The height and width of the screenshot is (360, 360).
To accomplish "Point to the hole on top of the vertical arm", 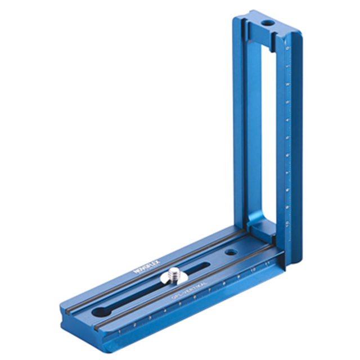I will point(265,24).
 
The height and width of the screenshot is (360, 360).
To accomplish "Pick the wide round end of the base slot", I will point(101,311).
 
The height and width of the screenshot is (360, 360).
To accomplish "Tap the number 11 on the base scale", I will point(267,262).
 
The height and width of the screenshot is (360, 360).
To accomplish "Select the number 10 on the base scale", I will point(253,269).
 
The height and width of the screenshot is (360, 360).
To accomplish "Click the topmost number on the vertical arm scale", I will point(287,49).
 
